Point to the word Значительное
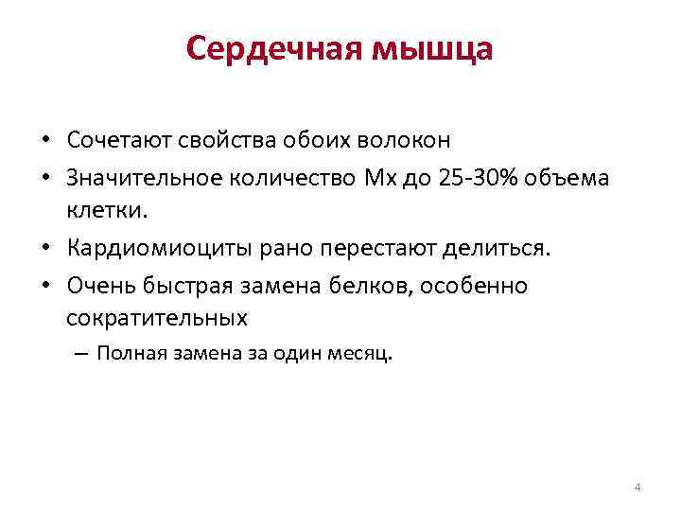(139, 179)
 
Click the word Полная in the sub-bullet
(130, 354)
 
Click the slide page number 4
(637, 487)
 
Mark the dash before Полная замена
(79, 355)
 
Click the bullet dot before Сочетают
(45, 141)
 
